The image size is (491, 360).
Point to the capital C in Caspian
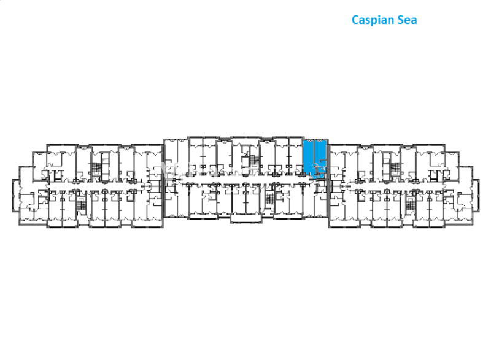click(x=355, y=20)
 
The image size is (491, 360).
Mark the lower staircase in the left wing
click(x=82, y=204)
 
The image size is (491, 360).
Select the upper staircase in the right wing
click(x=395, y=169)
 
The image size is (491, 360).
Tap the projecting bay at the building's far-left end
click(x=16, y=196)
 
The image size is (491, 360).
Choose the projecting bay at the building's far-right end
click(x=476, y=196)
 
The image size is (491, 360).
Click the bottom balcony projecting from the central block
click(x=246, y=218)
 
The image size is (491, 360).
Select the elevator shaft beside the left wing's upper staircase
click(x=105, y=166)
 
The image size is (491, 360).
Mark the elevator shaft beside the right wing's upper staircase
click(x=386, y=166)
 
